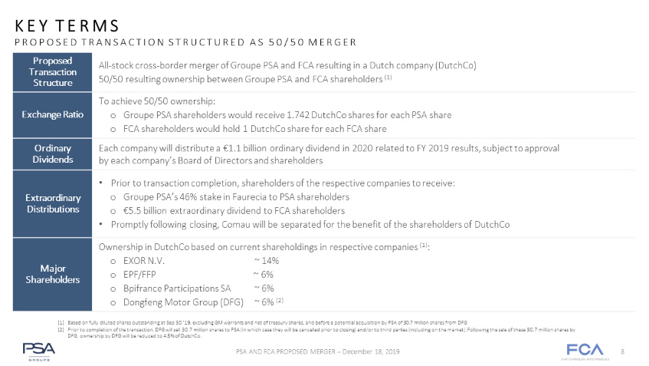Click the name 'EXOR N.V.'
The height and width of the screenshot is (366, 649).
[143, 261]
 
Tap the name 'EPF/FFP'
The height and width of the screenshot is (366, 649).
[139, 275]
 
